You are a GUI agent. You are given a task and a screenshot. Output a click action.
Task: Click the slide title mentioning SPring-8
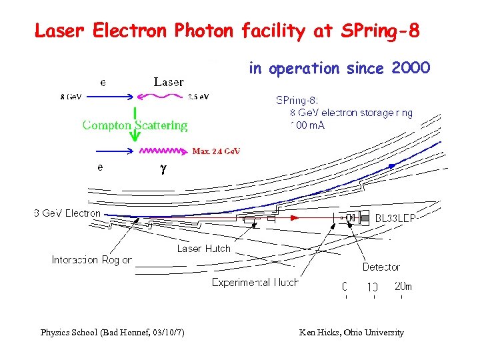click(x=227, y=31)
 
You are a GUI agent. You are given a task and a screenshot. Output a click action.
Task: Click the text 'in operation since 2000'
click(x=340, y=68)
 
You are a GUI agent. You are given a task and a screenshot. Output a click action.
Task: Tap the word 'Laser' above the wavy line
click(x=168, y=82)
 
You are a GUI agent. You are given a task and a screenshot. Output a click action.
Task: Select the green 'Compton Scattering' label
click(x=135, y=125)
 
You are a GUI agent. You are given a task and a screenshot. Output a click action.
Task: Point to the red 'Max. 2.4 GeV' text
click(x=216, y=151)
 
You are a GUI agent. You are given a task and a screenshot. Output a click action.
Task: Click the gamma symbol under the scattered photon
click(x=163, y=169)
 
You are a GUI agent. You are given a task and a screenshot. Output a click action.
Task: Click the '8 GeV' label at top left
click(x=71, y=97)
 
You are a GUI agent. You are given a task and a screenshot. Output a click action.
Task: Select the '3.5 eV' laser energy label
click(x=198, y=97)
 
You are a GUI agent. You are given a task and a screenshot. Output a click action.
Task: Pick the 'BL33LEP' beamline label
click(x=398, y=217)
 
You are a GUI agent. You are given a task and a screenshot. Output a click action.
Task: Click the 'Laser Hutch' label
click(x=203, y=249)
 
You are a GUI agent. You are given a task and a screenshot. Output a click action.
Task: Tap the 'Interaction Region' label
click(x=92, y=260)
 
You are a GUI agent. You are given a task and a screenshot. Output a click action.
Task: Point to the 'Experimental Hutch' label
click(x=255, y=282)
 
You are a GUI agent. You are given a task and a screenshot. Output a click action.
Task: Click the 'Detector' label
click(x=381, y=267)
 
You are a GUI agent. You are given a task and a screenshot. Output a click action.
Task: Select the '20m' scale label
click(x=403, y=287)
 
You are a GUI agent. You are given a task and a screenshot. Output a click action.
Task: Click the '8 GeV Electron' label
click(x=67, y=213)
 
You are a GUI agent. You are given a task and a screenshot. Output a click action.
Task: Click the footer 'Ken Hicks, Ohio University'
click(x=351, y=332)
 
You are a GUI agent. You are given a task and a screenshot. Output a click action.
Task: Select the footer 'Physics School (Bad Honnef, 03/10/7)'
click(x=113, y=332)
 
